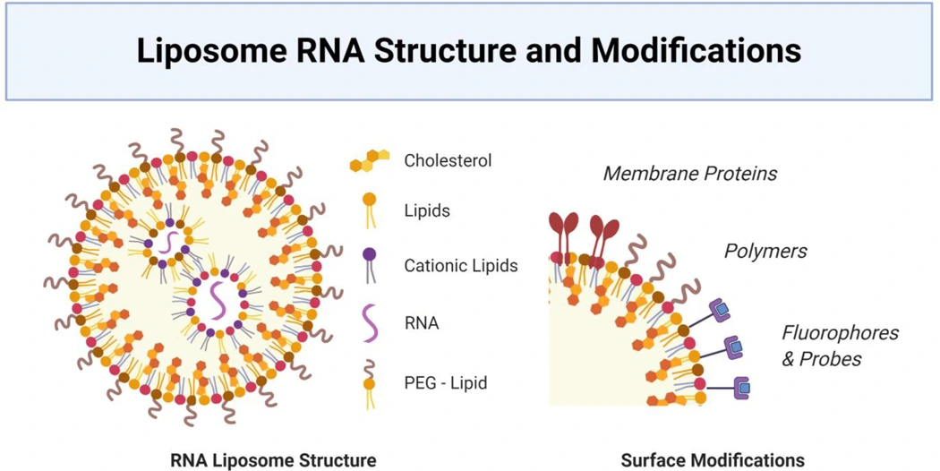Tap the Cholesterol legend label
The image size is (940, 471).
click(x=448, y=161)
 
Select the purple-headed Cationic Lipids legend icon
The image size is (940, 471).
click(x=369, y=265)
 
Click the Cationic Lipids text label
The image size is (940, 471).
click(x=460, y=266)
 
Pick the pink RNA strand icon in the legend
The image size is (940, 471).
click(x=369, y=320)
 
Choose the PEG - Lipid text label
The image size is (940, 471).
click(x=446, y=383)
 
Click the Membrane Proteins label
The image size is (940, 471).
click(x=689, y=173)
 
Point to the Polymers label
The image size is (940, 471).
click(x=765, y=251)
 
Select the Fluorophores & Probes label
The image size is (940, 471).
click(x=840, y=346)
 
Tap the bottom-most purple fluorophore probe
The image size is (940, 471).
click(x=742, y=389)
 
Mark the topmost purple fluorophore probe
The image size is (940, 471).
click(x=721, y=310)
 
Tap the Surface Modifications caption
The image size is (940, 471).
click(x=712, y=460)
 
